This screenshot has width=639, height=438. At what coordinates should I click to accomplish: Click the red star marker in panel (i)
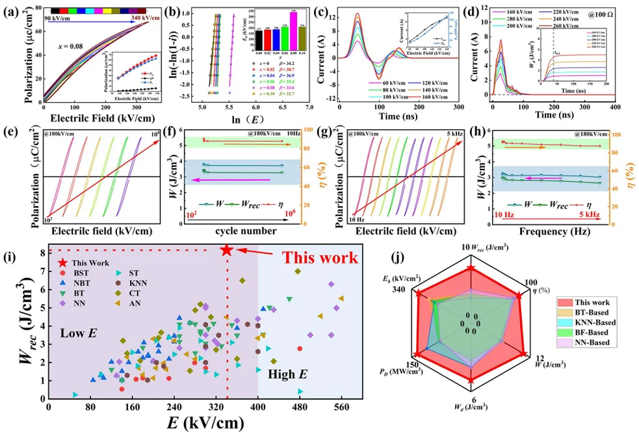[x=226, y=250]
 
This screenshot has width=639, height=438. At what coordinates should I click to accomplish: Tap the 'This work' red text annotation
[x=319, y=257]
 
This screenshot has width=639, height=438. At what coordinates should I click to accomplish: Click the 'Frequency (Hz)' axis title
[x=554, y=231]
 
